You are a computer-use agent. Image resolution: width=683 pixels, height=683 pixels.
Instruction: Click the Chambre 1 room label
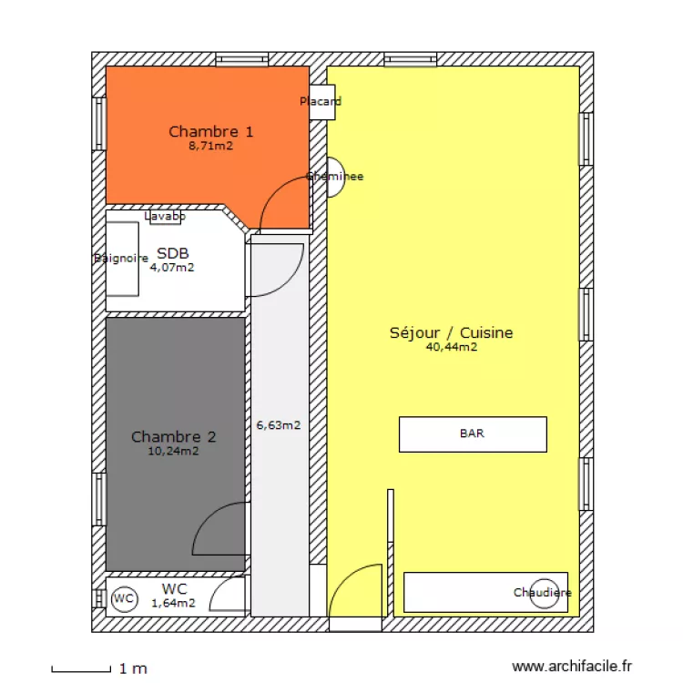[x=210, y=132]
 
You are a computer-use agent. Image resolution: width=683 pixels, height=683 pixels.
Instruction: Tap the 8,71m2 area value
[x=210, y=145]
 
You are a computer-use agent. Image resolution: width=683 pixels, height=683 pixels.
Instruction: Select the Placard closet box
[x=319, y=101]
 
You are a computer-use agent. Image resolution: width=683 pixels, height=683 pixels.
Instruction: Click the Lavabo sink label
[x=165, y=217]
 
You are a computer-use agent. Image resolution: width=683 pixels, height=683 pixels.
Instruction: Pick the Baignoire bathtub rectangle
[x=122, y=259]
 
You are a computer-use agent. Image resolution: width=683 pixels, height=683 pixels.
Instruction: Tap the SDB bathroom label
[x=172, y=253]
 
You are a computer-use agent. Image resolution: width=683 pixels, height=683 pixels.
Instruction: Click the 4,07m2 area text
[x=172, y=268]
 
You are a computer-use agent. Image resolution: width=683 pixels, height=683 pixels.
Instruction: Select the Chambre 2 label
[x=173, y=436]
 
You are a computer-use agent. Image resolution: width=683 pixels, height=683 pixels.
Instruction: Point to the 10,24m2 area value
[x=173, y=450]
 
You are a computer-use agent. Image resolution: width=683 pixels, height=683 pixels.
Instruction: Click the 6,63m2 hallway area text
[x=278, y=424]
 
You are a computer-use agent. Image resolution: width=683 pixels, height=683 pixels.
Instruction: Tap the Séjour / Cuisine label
[x=451, y=332]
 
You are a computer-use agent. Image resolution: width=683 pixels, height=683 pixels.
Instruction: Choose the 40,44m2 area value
[x=451, y=347]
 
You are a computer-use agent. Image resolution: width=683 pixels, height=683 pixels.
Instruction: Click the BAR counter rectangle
[x=473, y=434]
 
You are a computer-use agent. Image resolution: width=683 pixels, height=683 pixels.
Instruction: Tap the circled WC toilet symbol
[x=124, y=599]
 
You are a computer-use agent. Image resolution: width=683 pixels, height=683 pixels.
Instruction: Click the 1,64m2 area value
[x=173, y=603]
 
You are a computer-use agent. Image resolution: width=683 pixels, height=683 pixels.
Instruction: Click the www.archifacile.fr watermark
[x=571, y=668]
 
